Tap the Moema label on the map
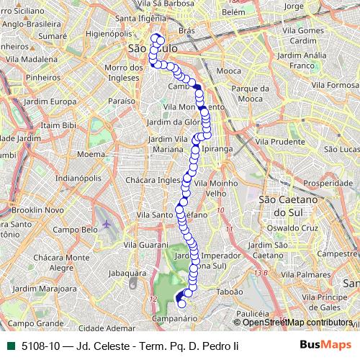point(91,154)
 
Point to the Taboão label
point(229,292)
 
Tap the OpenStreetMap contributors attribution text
point(298,323)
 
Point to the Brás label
point(186,31)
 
